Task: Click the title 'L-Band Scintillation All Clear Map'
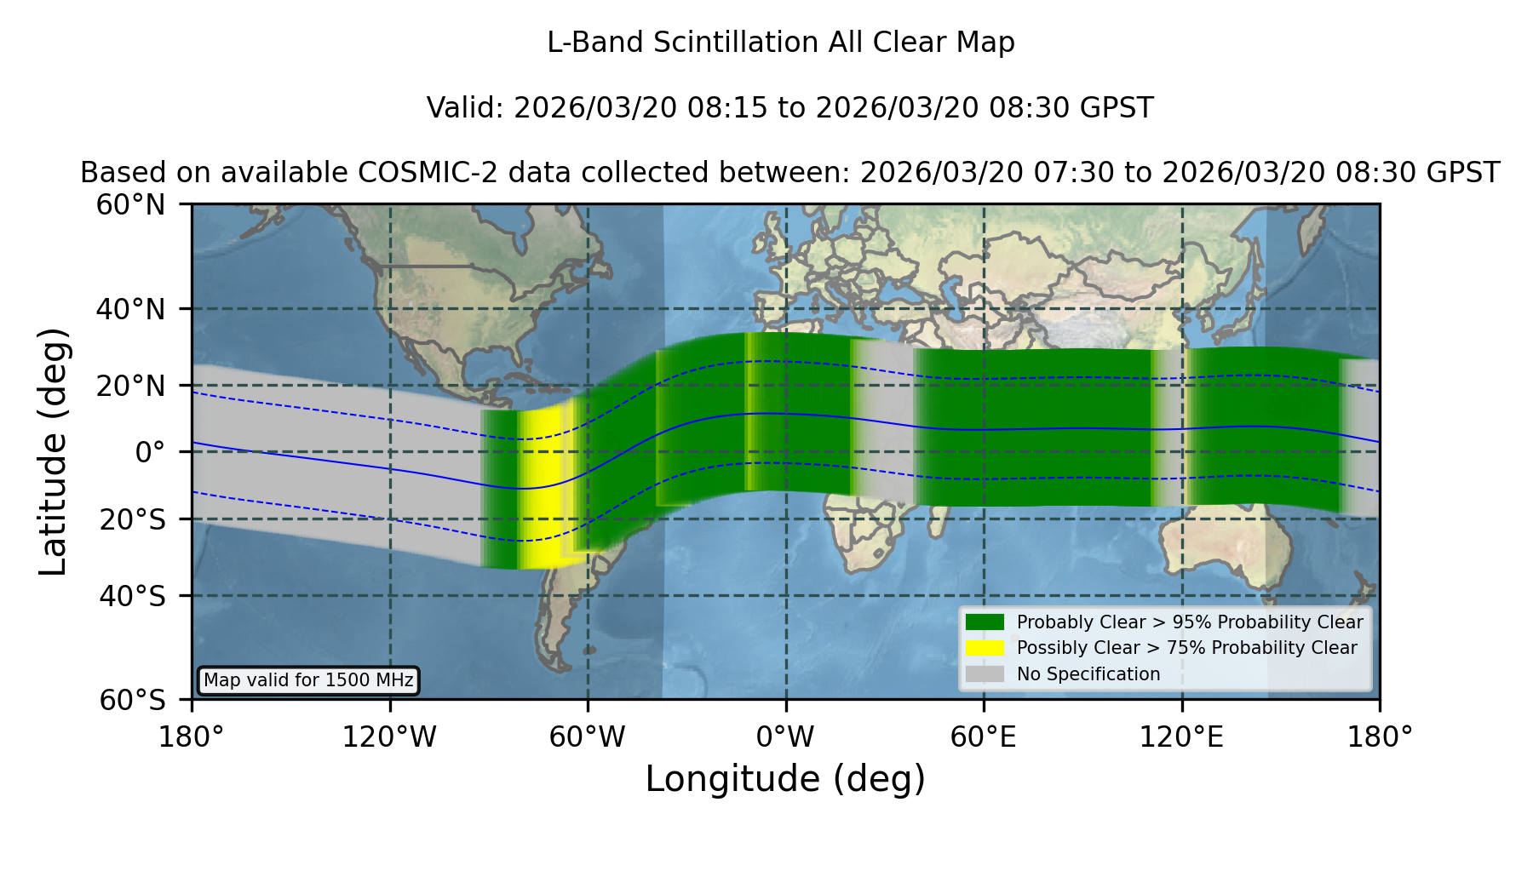click(780, 43)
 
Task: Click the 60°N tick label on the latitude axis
click(130, 205)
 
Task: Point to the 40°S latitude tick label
click(132, 596)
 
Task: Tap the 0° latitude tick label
click(150, 452)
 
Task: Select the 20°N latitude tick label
click(130, 386)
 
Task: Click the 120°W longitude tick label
click(389, 737)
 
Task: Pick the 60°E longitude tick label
click(984, 737)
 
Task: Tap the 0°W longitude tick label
click(785, 737)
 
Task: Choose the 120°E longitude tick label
click(1181, 737)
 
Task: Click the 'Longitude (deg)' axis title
click(785, 779)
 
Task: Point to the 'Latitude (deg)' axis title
click(53, 451)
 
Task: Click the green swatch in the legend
click(985, 622)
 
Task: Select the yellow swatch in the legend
click(985, 648)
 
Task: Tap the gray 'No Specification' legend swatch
click(985, 674)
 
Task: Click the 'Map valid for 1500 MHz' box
click(308, 680)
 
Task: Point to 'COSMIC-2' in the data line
click(415, 173)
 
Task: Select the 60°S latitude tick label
click(132, 700)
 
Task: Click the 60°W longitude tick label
click(588, 737)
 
